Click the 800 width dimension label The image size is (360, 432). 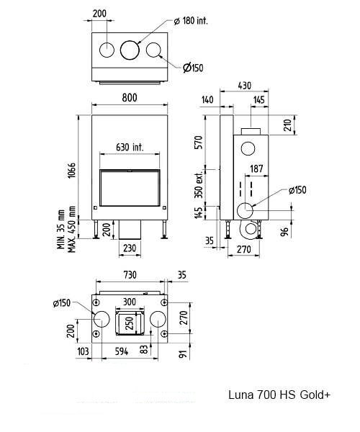(x=130, y=97)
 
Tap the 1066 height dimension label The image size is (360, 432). (x=71, y=171)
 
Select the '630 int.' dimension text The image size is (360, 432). (x=130, y=148)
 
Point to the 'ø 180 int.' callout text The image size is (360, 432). (x=191, y=21)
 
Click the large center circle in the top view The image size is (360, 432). (x=130, y=50)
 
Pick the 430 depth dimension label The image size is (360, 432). (x=244, y=86)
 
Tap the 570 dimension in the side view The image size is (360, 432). (x=199, y=142)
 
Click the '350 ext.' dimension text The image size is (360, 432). (x=199, y=184)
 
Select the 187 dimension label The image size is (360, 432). (x=256, y=168)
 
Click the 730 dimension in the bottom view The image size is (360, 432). (x=130, y=275)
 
